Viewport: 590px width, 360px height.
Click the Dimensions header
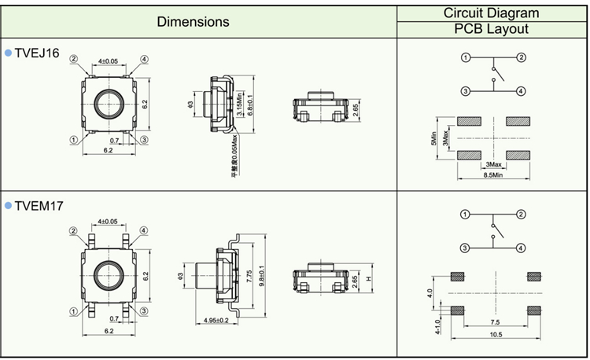pyautogui.click(x=194, y=22)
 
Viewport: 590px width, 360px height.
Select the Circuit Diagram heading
pyautogui.click(x=491, y=13)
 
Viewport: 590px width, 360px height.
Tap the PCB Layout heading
pyautogui.click(x=491, y=30)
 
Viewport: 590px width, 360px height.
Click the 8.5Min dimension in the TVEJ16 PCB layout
pyautogui.click(x=492, y=174)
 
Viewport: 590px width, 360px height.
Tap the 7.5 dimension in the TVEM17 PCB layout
pyautogui.click(x=493, y=322)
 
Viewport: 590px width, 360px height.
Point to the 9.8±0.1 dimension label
pyautogui.click(x=261, y=276)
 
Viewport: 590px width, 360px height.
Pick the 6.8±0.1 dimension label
pyautogui.click(x=251, y=105)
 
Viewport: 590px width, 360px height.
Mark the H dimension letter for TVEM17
pyautogui.click(x=368, y=279)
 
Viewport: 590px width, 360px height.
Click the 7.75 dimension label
pyautogui.click(x=248, y=276)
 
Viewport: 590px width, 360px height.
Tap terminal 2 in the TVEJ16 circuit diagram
pyautogui.click(x=521, y=57)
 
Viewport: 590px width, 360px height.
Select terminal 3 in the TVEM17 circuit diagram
pyautogui.click(x=465, y=248)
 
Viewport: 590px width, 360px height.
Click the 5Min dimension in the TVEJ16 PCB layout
pyautogui.click(x=433, y=138)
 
